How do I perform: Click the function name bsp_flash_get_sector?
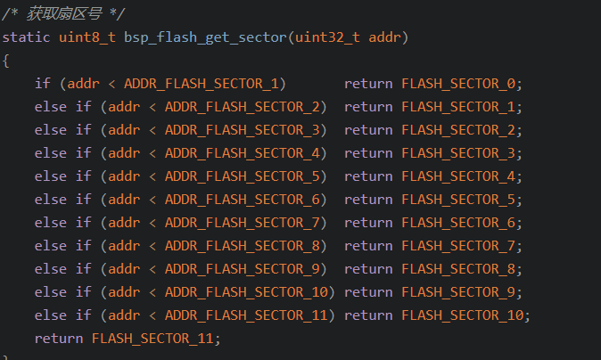[x=205, y=37]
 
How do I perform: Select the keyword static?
[x=26, y=37]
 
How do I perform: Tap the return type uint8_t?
[x=87, y=37]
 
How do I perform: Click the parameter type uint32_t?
[x=327, y=37]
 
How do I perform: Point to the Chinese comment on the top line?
[x=64, y=14]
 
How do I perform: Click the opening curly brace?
[x=5, y=61]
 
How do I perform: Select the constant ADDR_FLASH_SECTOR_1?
[x=202, y=84]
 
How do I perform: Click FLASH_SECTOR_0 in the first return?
[x=458, y=84]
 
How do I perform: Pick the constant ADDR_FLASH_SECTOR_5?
[x=243, y=176]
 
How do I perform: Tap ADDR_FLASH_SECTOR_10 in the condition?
[x=246, y=292]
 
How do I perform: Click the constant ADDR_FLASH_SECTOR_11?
[x=246, y=315]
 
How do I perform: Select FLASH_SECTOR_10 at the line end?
[x=463, y=315]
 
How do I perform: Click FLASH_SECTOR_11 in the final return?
[x=152, y=339]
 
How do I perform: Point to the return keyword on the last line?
[x=59, y=339]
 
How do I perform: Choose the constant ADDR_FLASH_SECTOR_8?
[x=243, y=246]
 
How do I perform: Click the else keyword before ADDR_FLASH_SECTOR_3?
[x=51, y=130]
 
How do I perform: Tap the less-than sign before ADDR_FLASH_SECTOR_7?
[x=152, y=223]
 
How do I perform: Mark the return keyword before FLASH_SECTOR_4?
[x=368, y=176]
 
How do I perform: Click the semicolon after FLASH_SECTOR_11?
[x=218, y=340]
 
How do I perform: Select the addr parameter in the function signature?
[x=384, y=37]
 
